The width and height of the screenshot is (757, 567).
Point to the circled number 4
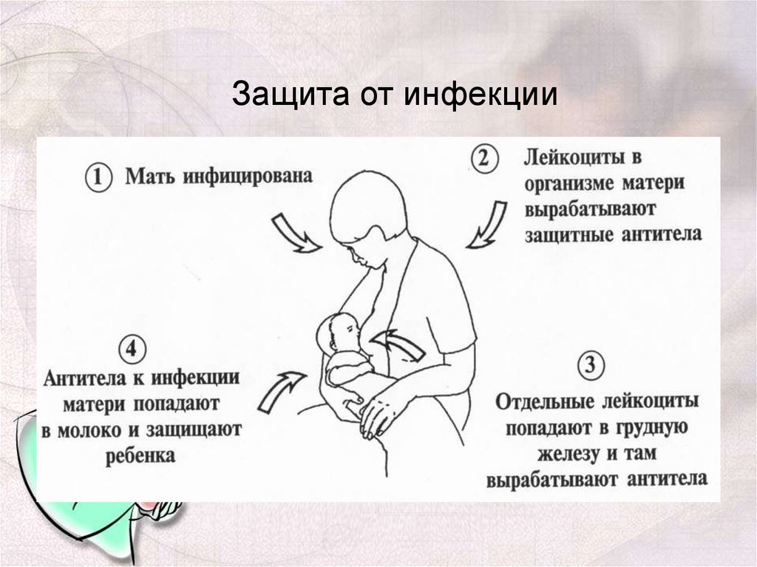tap(132, 349)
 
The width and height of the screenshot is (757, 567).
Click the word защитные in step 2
tap(567, 234)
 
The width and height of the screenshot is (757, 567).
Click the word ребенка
tap(140, 455)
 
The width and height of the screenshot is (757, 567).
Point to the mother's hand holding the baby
tap(381, 410)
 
